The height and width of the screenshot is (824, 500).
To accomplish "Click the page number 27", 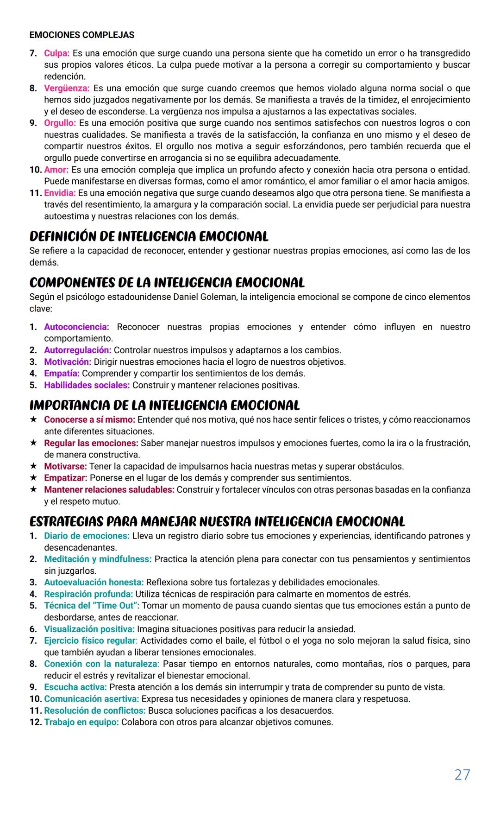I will click(462, 774).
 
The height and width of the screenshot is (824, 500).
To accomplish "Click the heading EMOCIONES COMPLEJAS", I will click(82, 35).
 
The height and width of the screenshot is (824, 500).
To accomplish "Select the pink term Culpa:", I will click(56, 53).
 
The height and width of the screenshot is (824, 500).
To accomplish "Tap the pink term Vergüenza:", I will click(67, 88).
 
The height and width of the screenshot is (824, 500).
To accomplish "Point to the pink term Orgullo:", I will click(60, 123).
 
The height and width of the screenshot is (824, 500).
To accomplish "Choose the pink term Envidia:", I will click(60, 193).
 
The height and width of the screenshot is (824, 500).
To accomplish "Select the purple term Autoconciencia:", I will click(76, 327).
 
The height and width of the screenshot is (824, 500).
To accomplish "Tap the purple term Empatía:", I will click(62, 374).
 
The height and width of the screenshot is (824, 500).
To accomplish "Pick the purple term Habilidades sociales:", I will click(87, 385).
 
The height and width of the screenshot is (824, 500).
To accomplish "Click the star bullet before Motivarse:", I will click(33, 466).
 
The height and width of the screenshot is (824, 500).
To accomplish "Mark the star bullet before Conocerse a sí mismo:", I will click(33, 419).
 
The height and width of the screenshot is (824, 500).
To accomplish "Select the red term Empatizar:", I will click(65, 478).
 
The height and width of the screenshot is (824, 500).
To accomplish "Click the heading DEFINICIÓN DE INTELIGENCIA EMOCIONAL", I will click(149, 236).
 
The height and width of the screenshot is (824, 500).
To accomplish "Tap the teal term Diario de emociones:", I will click(87, 536).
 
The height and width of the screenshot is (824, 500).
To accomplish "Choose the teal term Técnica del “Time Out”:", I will click(92, 606).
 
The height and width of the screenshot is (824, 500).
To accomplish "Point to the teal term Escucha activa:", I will click(75, 687).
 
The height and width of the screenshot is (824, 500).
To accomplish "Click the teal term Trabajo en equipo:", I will click(81, 722).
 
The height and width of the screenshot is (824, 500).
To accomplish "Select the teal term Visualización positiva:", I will click(89, 629).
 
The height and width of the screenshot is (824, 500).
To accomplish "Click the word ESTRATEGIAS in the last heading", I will click(66, 522).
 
